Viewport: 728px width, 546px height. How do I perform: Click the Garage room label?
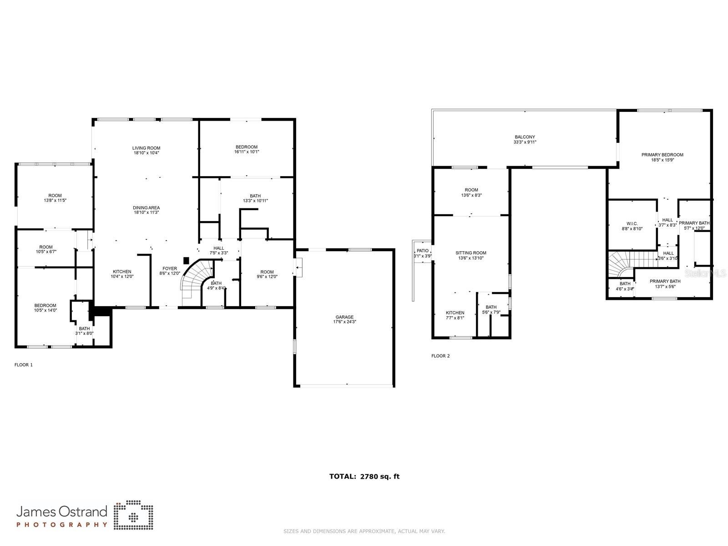click(x=344, y=317)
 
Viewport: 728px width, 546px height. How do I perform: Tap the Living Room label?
click(x=146, y=148)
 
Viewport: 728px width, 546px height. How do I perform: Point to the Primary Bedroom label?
click(x=662, y=155)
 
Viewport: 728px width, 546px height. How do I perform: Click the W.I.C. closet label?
click(x=632, y=223)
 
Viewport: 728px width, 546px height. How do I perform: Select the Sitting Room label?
click(x=471, y=253)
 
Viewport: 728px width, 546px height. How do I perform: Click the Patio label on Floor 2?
click(x=423, y=251)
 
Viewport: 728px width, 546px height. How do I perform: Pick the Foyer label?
click(x=170, y=268)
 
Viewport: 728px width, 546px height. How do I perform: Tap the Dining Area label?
click(x=146, y=207)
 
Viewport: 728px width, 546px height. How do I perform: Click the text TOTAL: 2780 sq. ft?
click(x=364, y=476)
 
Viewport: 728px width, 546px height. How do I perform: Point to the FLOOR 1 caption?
click(x=24, y=365)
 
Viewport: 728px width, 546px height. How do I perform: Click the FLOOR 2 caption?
click(x=440, y=356)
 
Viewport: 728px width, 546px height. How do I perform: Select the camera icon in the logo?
click(x=133, y=516)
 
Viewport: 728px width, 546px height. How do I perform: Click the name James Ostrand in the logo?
click(x=62, y=511)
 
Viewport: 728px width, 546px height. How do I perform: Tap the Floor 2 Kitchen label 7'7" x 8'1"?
click(x=455, y=313)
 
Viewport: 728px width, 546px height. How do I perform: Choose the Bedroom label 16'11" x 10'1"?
click(x=246, y=147)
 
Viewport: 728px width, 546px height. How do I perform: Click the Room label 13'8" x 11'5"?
click(x=55, y=196)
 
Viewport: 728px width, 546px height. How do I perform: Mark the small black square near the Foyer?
click(x=186, y=260)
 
